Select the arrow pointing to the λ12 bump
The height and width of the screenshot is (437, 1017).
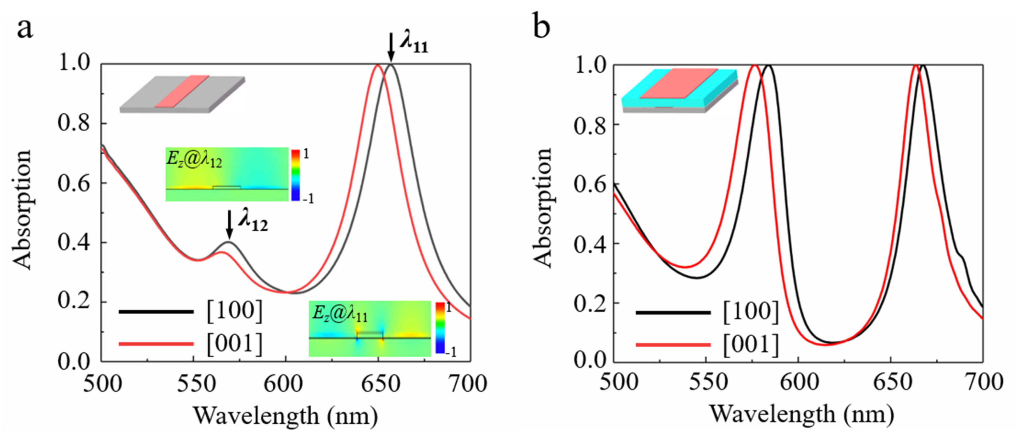(x=229, y=224)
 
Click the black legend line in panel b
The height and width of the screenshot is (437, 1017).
(x=673, y=312)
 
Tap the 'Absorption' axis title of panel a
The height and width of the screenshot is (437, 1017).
(x=22, y=209)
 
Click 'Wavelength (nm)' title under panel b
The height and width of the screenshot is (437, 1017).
(x=802, y=415)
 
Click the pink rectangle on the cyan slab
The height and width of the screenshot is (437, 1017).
(x=679, y=83)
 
